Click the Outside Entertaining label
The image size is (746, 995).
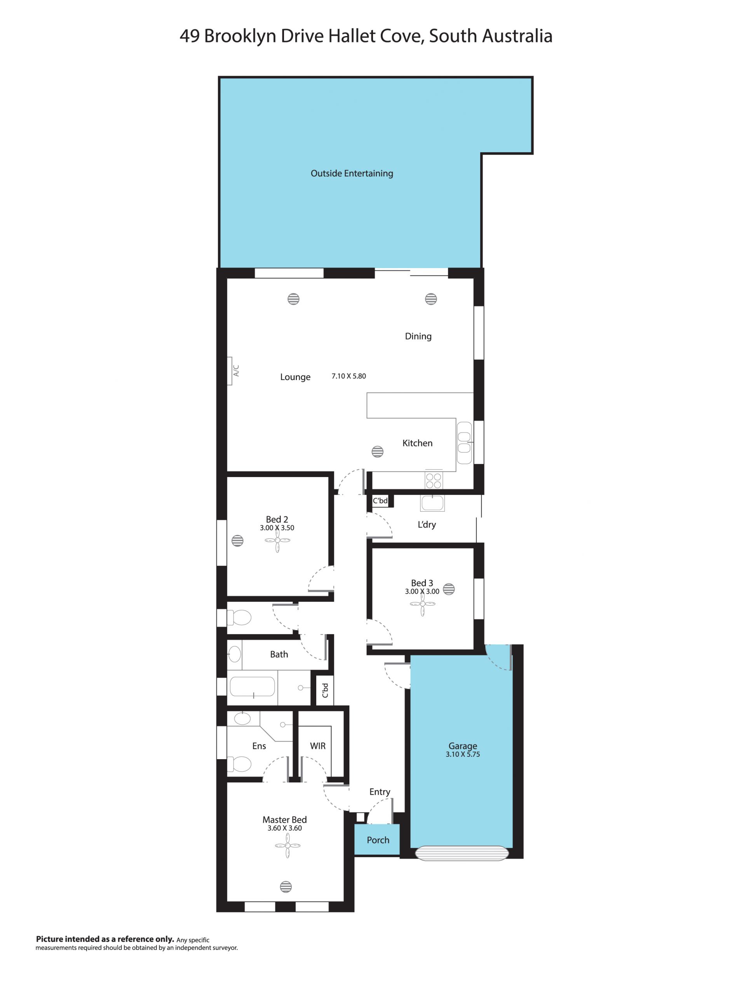tap(351, 173)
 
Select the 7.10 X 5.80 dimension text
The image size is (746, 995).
tap(349, 376)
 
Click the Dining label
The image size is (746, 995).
tap(418, 336)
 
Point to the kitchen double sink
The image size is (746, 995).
tap(464, 443)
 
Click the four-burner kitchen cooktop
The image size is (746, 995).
tap(434, 481)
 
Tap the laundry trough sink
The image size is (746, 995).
tap(432, 503)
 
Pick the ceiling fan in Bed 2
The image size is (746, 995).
tap(277, 540)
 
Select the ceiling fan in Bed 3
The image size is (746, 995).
tap(422, 604)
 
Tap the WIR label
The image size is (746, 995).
tap(318, 746)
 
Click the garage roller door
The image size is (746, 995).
tap(462, 853)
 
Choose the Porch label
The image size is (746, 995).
tap(378, 840)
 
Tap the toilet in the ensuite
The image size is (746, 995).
tap(239, 764)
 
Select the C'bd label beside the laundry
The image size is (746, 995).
tap(380, 501)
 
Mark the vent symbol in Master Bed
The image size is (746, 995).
tap(286, 887)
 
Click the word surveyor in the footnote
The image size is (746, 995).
tap(224, 947)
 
